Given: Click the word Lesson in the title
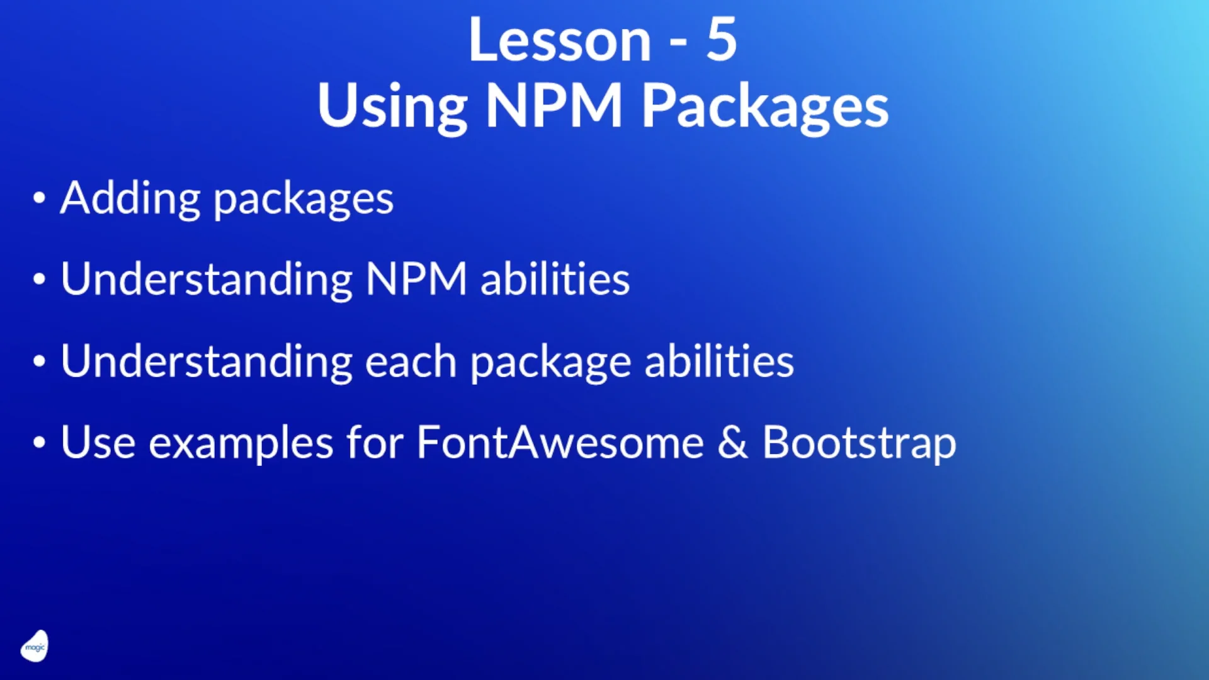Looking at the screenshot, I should point(559,40).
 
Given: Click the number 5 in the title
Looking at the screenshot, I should point(721,40).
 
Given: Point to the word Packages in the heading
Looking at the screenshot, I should point(764,107).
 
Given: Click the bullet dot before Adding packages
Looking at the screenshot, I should point(39,198).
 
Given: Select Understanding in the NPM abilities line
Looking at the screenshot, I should point(207,280).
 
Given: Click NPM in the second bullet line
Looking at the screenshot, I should point(416,280).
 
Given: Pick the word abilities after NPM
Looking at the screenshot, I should point(555,280).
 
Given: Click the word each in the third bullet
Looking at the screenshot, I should point(411,362).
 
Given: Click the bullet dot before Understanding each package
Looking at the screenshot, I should point(39,361).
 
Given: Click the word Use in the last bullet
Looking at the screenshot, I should point(98,443).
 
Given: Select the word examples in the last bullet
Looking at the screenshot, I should point(241,445).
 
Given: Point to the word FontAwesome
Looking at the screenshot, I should point(560,443).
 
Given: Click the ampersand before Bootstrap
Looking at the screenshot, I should point(732,443).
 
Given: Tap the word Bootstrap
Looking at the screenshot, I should point(859,444).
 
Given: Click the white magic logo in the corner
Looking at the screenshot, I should point(35,647).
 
